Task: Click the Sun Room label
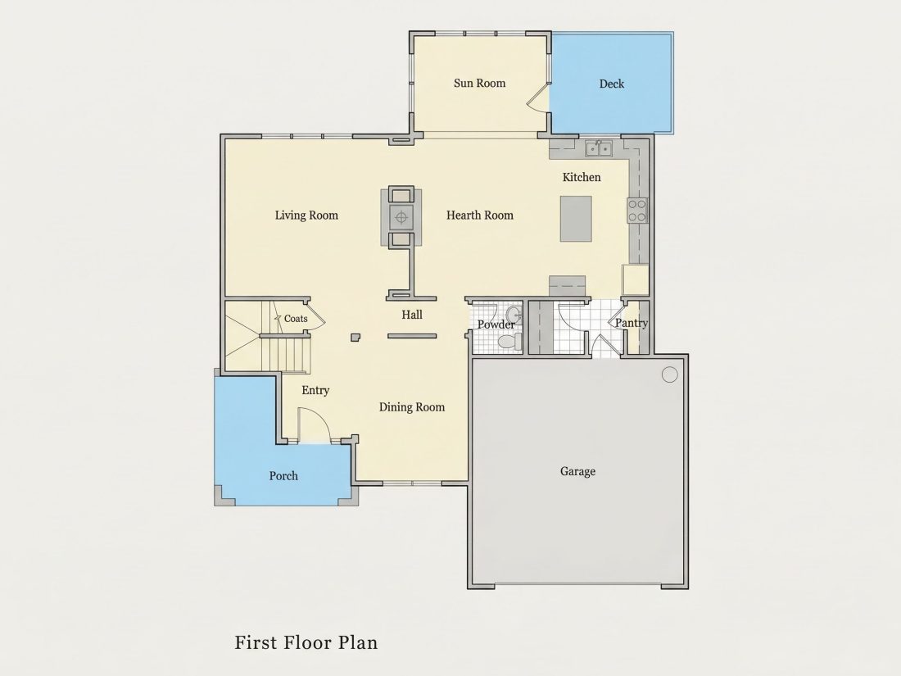pos(479,83)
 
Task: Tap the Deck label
pos(611,84)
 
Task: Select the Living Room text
pos(306,216)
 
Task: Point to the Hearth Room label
pos(480,215)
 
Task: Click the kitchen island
pos(576,219)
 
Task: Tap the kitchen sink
pos(599,148)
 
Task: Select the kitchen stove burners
pos(636,211)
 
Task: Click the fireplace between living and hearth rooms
pos(401,217)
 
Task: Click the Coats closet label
pos(296,319)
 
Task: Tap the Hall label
pos(412,315)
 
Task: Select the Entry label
pos(315,391)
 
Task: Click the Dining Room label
pos(412,407)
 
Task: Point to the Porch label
pos(284,476)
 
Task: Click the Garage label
pos(577,471)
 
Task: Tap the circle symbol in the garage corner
pos(669,374)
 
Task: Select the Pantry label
pos(632,323)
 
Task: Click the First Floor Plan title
pos(306,642)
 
